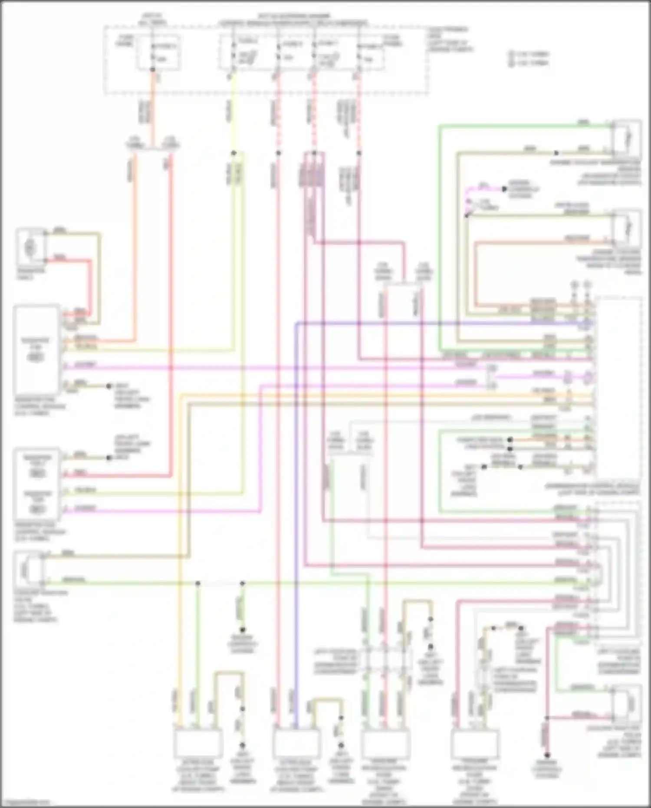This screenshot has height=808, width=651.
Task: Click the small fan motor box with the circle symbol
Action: [x=31, y=248]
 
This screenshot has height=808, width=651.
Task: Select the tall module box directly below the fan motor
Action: [x=36, y=350]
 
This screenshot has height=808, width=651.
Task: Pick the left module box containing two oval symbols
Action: [x=37, y=484]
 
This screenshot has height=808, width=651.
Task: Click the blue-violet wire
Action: [x=296, y=521]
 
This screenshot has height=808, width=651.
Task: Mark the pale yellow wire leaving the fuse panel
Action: [x=233, y=117]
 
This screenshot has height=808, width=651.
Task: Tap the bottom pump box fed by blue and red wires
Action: [x=296, y=743]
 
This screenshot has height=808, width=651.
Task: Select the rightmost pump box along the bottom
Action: [x=475, y=744]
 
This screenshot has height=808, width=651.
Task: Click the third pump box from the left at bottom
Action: [x=385, y=744]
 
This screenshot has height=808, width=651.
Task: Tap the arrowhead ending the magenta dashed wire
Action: [x=504, y=189]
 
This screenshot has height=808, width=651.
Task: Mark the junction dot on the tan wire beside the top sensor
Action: [x=556, y=153]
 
